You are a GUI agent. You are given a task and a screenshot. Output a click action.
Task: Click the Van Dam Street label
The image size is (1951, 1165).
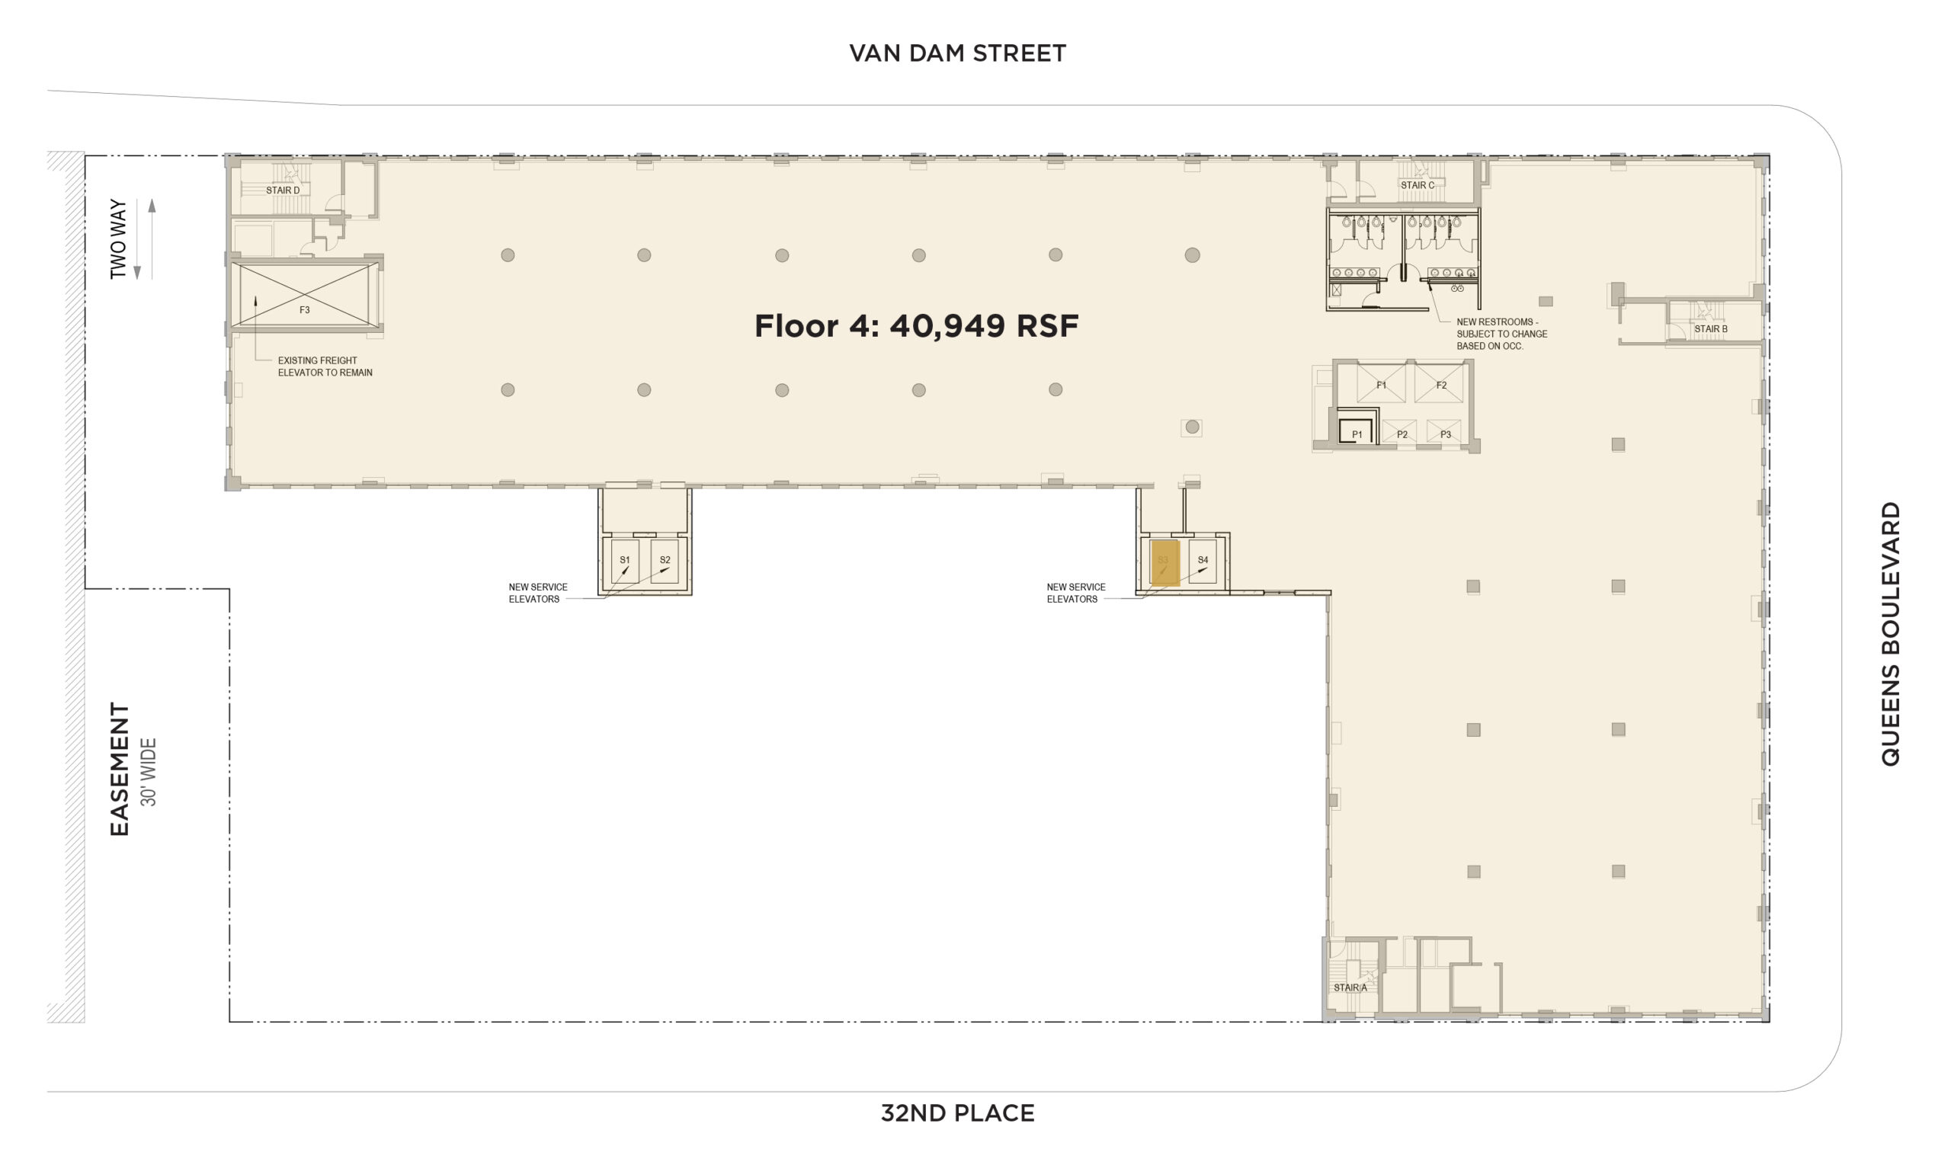pyautogui.click(x=957, y=53)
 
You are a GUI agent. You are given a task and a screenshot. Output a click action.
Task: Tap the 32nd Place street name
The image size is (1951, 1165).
pyautogui.click(x=957, y=1112)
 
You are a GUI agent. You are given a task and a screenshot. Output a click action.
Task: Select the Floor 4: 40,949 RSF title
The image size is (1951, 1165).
pyautogui.click(x=916, y=326)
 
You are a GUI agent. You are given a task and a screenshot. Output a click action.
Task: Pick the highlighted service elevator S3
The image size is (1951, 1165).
pyautogui.click(x=1165, y=562)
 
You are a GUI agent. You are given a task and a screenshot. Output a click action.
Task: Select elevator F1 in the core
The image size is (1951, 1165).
pyautogui.click(x=1381, y=384)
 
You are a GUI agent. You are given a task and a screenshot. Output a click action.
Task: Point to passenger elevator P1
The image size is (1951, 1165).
pyautogui.click(x=1356, y=433)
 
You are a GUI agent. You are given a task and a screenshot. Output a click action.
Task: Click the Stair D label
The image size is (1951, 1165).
pyautogui.click(x=283, y=190)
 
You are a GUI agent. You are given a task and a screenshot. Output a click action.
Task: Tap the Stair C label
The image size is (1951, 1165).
pyautogui.click(x=1417, y=185)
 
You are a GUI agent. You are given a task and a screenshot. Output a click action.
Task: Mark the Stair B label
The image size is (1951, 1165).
pyautogui.click(x=1710, y=329)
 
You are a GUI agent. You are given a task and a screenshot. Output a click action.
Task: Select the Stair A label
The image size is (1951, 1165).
pyautogui.click(x=1350, y=987)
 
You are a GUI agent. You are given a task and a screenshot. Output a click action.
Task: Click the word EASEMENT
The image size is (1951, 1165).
pyautogui.click(x=120, y=769)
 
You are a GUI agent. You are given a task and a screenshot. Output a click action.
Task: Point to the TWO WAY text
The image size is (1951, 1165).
pyautogui.click(x=118, y=238)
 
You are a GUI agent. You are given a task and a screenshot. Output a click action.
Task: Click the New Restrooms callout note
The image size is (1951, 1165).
pyautogui.click(x=1501, y=334)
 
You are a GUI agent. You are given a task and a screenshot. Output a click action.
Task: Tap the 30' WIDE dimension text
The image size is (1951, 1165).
pyautogui.click(x=149, y=772)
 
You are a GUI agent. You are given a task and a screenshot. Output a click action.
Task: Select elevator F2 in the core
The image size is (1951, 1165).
pyautogui.click(x=1440, y=384)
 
